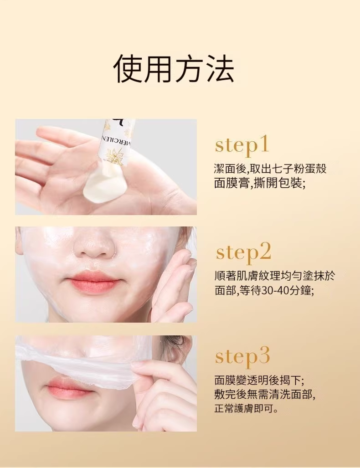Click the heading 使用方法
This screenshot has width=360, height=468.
(174, 69)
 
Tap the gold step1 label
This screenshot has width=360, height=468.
(242, 146)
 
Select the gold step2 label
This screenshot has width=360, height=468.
(243, 252)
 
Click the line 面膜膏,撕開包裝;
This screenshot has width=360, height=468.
(260, 183)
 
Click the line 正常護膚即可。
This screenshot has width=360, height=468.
(247, 409)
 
